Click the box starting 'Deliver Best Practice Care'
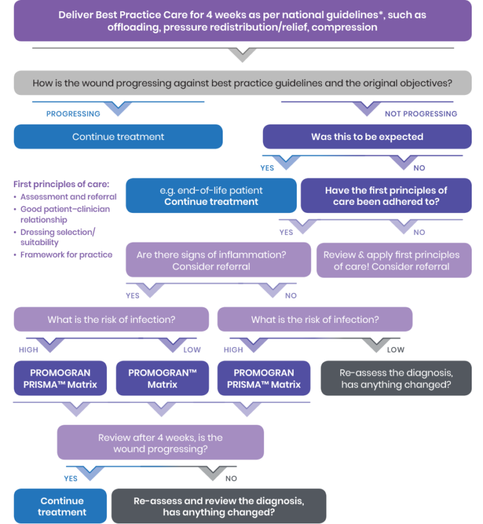(241, 21)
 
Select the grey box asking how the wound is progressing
(241, 83)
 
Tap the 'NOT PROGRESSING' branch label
(421, 114)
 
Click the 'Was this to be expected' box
(367, 136)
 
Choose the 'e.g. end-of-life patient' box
(211, 196)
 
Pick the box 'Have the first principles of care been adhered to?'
(386, 196)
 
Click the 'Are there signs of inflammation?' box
(218, 260)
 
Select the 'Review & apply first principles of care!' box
(393, 260)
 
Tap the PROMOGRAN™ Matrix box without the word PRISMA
(162, 378)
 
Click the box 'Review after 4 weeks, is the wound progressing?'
(160, 443)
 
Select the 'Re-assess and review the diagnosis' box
(218, 506)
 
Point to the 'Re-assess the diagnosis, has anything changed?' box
(396, 378)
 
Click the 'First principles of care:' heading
(61, 184)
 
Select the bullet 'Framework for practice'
(67, 254)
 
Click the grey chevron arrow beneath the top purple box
(241, 55)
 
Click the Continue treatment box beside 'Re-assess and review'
(62, 506)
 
